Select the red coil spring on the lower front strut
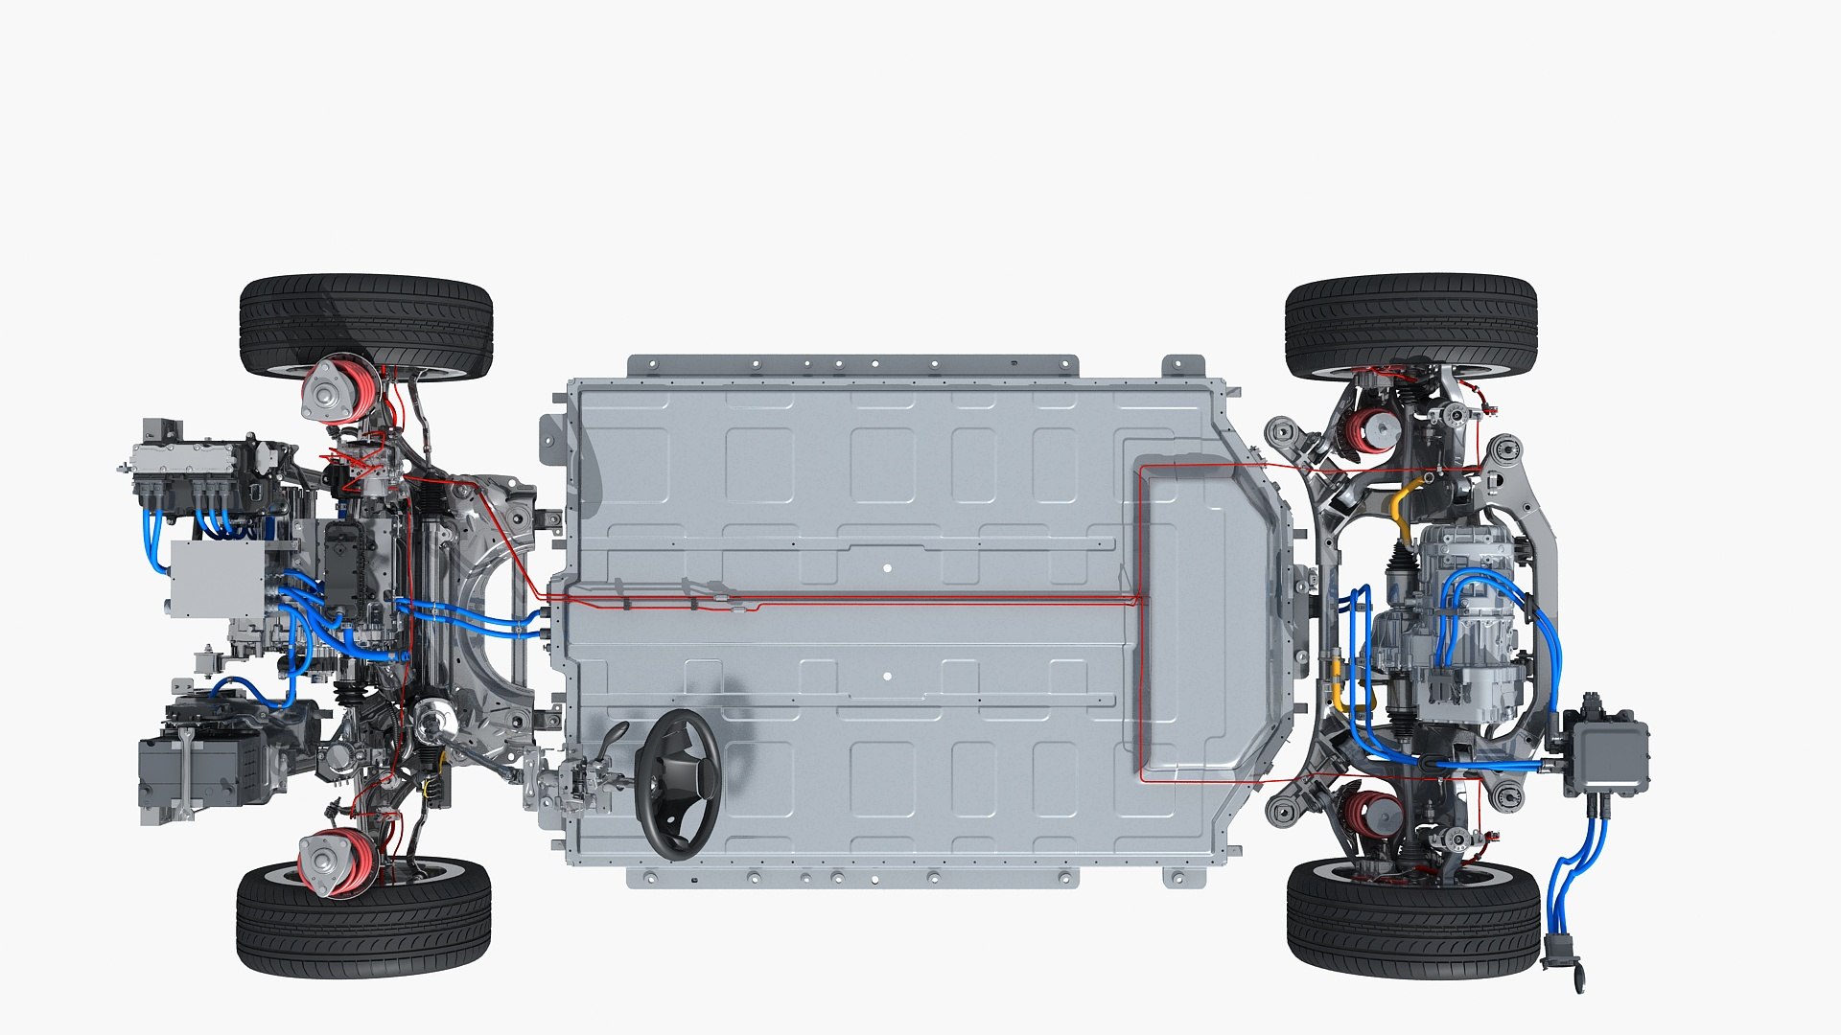tap(353, 860)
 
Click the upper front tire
tap(365, 321)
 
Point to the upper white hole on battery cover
tap(887, 568)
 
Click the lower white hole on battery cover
tap(887, 677)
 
